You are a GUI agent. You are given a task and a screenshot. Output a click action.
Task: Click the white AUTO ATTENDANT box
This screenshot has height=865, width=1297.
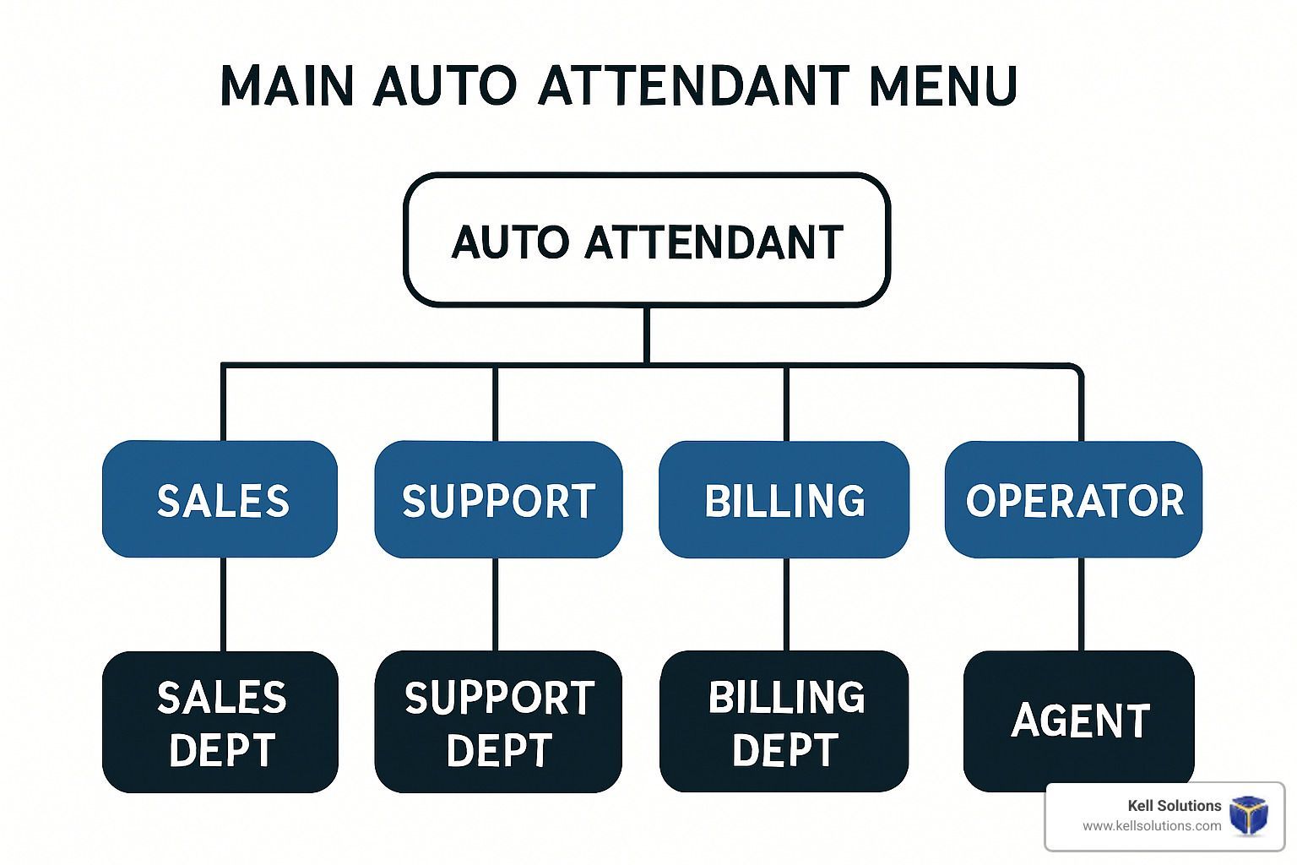click(647, 239)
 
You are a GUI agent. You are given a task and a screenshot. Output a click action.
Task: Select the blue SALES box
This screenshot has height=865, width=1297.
click(220, 499)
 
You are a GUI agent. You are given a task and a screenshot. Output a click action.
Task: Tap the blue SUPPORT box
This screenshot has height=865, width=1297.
click(498, 499)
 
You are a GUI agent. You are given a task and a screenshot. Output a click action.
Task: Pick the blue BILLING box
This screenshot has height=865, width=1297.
click(784, 499)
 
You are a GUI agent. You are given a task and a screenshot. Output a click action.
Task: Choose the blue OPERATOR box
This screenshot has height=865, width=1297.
click(1073, 499)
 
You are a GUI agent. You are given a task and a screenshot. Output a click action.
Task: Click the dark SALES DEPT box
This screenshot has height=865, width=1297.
click(220, 722)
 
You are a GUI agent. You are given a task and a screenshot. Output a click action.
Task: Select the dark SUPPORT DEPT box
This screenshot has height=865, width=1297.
click(498, 722)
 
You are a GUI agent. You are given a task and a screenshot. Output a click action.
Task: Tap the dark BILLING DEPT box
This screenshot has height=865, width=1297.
click(784, 721)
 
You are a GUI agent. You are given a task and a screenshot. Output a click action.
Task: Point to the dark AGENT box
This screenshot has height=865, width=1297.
click(1079, 721)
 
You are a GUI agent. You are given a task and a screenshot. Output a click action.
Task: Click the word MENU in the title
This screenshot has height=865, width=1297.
click(943, 86)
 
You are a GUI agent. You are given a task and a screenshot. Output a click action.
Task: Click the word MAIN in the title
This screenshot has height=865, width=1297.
click(286, 86)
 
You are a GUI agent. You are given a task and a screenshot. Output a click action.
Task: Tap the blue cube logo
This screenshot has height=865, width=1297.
click(1249, 815)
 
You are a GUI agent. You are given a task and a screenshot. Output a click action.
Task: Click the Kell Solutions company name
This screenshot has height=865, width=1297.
click(1175, 805)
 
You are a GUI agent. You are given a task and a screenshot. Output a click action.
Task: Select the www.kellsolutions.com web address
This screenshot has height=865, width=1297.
click(1152, 825)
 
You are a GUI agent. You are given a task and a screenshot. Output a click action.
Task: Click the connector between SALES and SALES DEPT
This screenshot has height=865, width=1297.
click(223, 604)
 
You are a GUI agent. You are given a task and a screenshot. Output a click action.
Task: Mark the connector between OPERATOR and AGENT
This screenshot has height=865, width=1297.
click(1081, 604)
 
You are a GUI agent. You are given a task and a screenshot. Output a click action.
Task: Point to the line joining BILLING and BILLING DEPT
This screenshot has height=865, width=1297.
click(786, 604)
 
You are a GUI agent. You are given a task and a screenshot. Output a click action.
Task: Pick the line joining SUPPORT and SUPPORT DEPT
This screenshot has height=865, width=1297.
click(495, 604)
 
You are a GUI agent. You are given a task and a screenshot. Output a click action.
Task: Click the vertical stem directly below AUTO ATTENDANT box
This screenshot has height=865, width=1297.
click(646, 335)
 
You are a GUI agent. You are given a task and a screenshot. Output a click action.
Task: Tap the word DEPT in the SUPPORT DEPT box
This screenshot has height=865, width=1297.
click(498, 750)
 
